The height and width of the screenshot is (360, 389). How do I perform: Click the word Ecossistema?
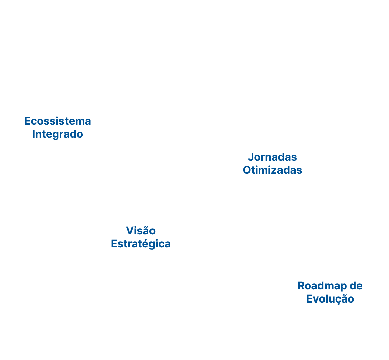coord(57,121)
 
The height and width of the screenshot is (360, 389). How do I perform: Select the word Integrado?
coord(57,135)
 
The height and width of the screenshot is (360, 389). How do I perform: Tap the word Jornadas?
coord(272,157)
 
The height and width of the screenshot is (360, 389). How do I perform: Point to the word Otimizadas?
coord(272,170)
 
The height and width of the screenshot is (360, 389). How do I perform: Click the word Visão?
coord(141,231)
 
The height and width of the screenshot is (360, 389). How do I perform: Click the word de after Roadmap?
coord(356,286)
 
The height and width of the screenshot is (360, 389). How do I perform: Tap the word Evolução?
coord(330,299)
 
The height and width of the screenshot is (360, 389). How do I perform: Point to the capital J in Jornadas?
coord(251,157)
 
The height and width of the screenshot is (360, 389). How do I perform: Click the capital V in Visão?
coord(130,231)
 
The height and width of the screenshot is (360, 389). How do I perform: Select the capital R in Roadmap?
coord(302,286)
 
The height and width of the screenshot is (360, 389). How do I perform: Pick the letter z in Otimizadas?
coord(275,171)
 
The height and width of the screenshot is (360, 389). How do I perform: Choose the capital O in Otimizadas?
coord(247,170)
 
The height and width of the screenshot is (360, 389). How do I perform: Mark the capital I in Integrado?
coord(34,134)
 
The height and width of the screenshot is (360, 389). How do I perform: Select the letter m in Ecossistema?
coord(79,122)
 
